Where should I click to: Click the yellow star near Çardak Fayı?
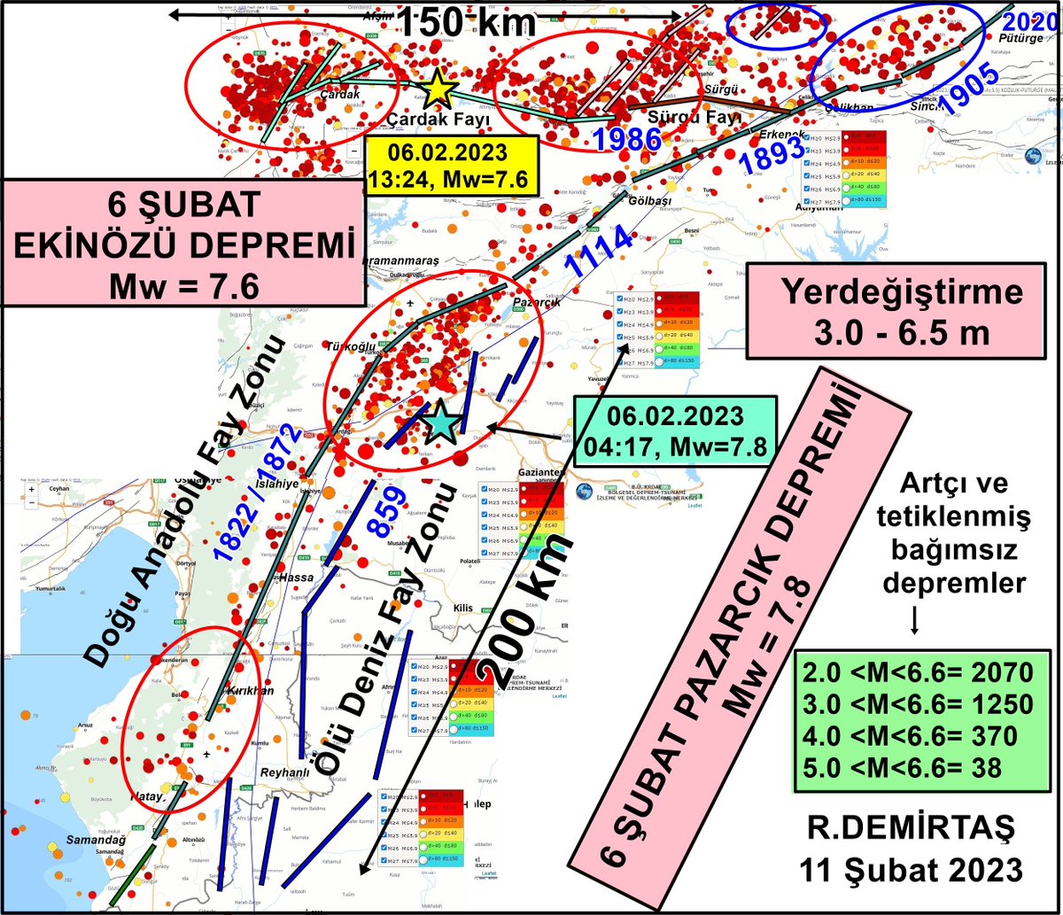(x=437, y=89)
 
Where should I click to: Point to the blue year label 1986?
(x=627, y=139)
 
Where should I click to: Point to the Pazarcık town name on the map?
(x=531, y=302)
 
